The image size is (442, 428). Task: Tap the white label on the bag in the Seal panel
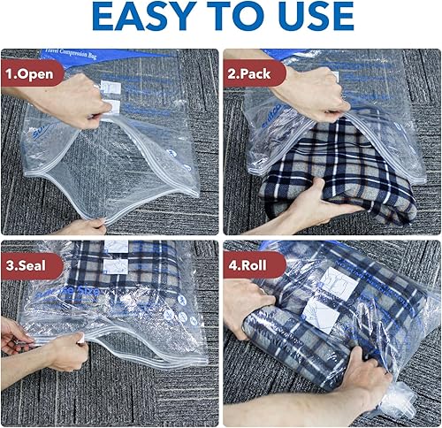pos(116,256)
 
